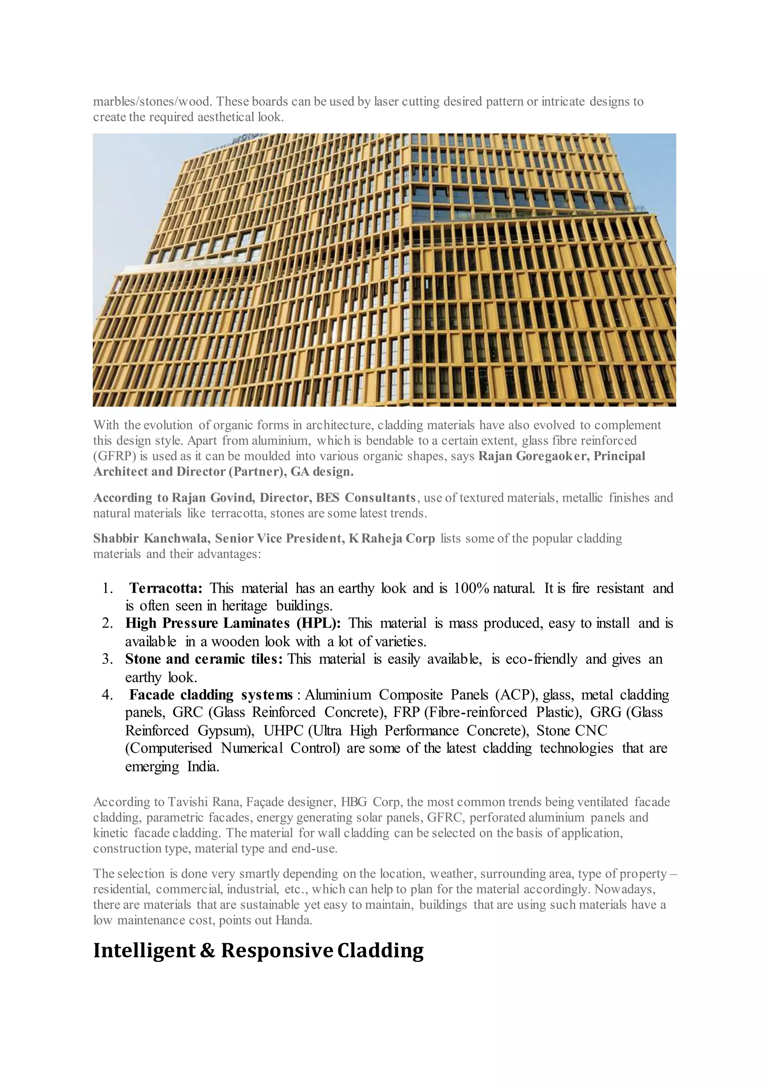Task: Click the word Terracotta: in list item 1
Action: pos(166,589)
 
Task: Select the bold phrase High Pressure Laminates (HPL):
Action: pos(232,623)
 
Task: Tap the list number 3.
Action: pos(107,659)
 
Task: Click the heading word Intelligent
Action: pos(143,951)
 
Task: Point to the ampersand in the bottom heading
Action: pos(207,951)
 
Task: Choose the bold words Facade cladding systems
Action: pos(211,695)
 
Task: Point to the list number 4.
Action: pos(107,695)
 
